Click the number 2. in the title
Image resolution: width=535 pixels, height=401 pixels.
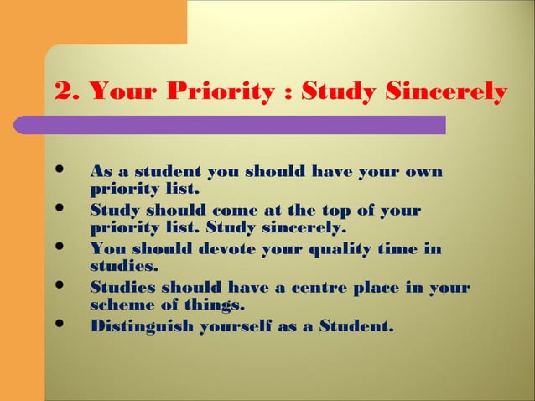[x=65, y=91]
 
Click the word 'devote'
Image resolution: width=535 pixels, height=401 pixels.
[x=222, y=249]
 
